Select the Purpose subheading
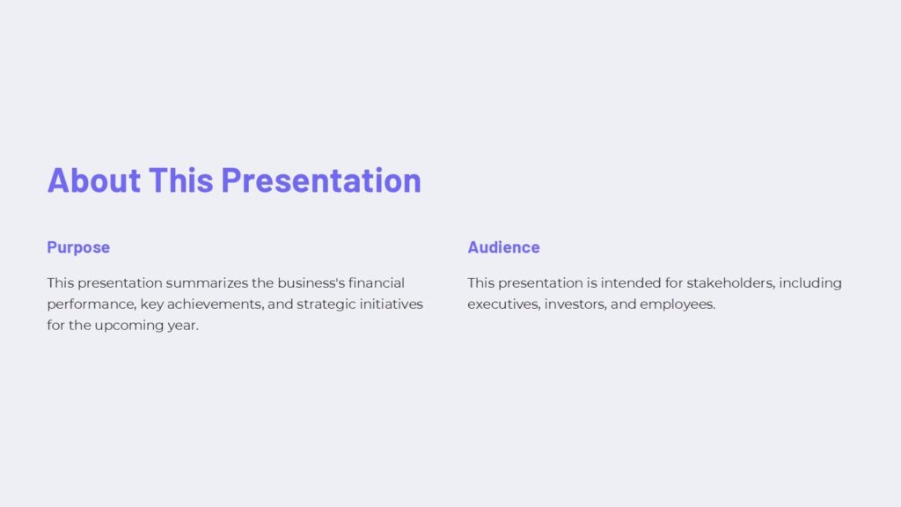(78, 247)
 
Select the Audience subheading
(503, 247)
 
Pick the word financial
(377, 283)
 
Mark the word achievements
(219, 305)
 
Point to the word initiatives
(393, 305)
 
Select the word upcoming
(128, 326)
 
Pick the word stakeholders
(729, 283)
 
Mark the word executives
(503, 305)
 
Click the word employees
(678, 305)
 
